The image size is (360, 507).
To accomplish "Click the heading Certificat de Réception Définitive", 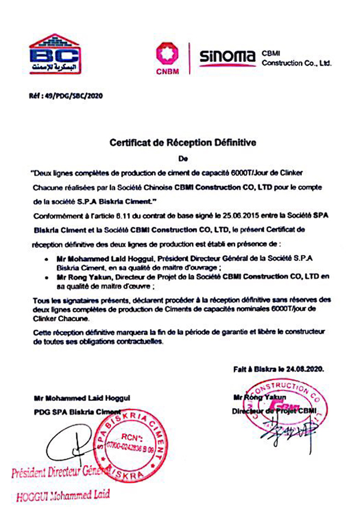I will (x=183, y=143).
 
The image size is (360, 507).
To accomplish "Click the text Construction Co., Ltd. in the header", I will (x=296, y=62).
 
